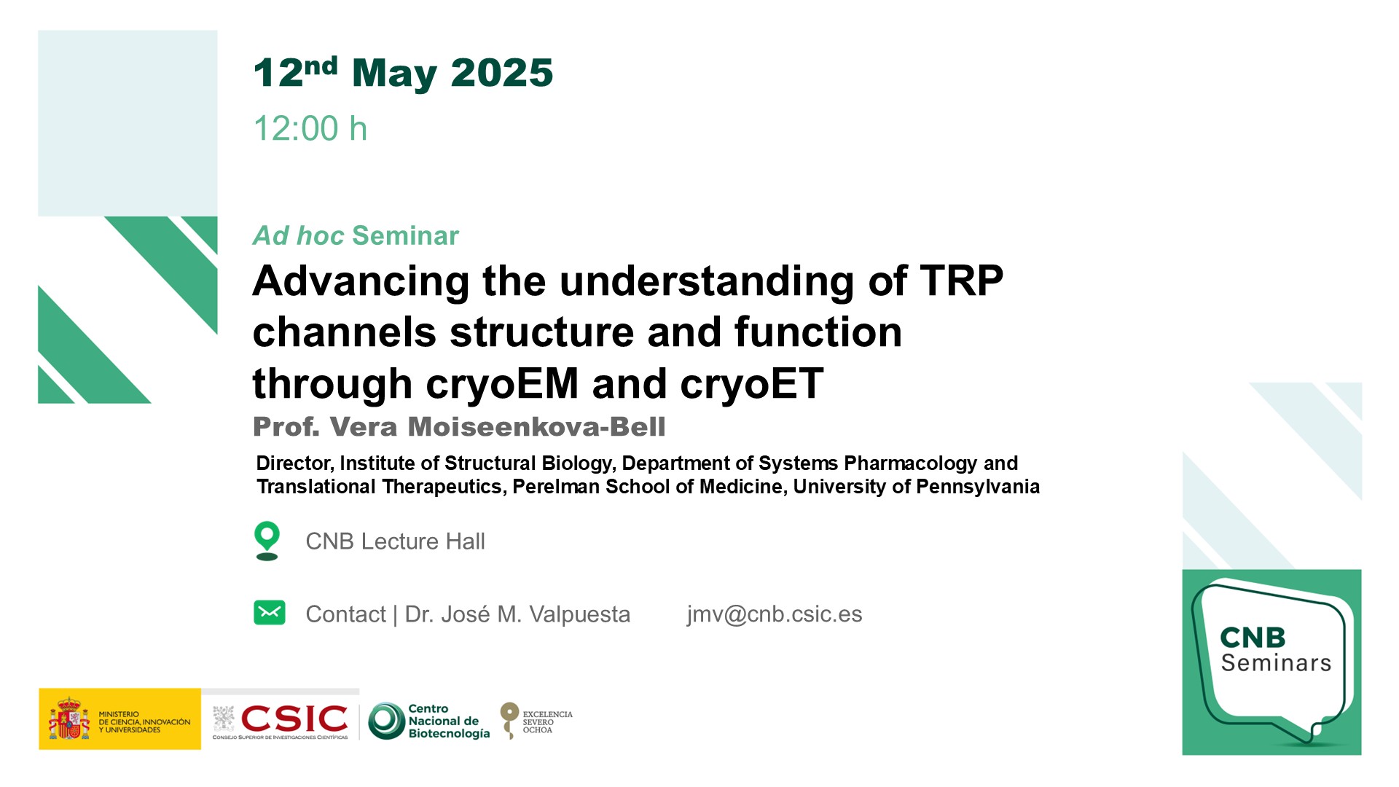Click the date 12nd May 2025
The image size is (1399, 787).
pyautogui.click(x=403, y=73)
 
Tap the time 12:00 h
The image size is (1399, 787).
pyautogui.click(x=310, y=128)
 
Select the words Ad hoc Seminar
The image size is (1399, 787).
pyautogui.click(x=356, y=235)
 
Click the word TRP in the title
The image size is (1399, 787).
pyautogui.click(x=962, y=281)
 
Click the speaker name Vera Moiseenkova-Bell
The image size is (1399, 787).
pyautogui.click(x=498, y=426)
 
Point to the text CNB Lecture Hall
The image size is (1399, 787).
pyautogui.click(x=395, y=541)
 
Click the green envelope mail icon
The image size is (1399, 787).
pyautogui.click(x=270, y=613)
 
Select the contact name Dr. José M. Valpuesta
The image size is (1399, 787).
pyautogui.click(x=517, y=614)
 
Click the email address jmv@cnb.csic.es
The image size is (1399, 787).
pyautogui.click(x=774, y=614)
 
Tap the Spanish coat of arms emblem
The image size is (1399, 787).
pyautogui.click(x=69, y=719)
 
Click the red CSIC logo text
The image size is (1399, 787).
pyautogui.click(x=294, y=719)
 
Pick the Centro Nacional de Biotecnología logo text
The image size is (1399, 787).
pyautogui.click(x=449, y=721)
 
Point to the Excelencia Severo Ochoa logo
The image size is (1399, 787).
pyautogui.click(x=536, y=721)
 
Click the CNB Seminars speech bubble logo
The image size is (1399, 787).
pyautogui.click(x=1271, y=662)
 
